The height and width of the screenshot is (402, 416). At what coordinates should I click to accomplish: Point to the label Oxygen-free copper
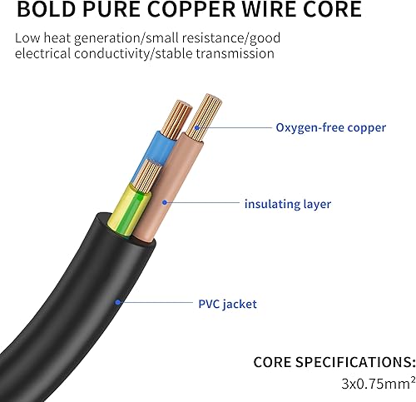(330, 127)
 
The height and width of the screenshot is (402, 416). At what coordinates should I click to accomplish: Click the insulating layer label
(287, 204)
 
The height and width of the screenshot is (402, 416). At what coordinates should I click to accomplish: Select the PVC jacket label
(226, 304)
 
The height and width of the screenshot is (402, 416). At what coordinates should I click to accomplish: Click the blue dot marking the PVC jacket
(118, 303)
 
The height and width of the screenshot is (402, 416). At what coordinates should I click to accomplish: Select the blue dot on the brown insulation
(165, 202)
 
